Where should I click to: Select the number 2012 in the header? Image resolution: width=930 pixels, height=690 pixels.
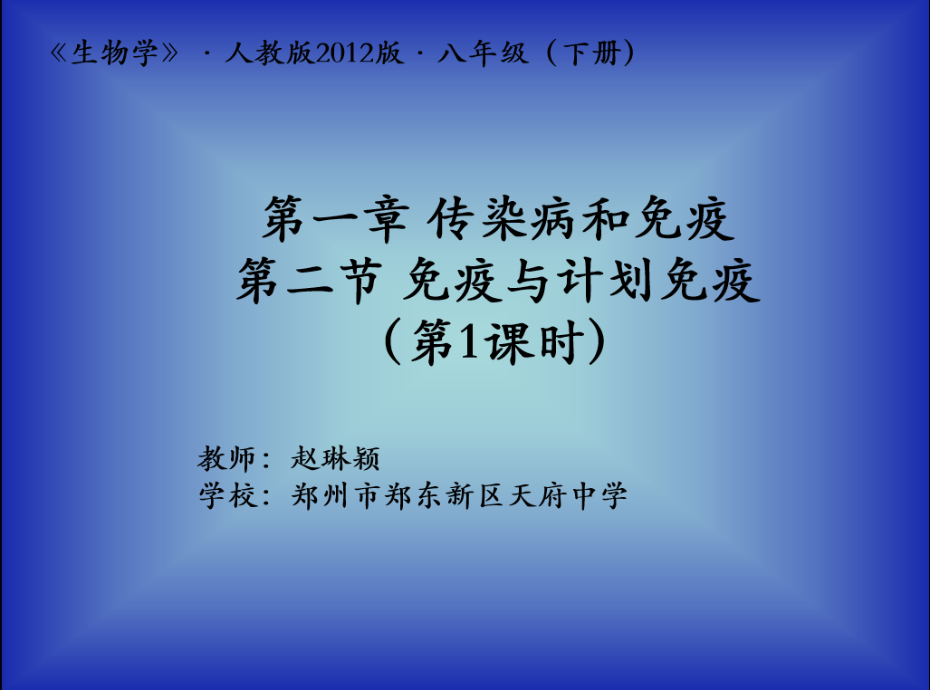click(344, 53)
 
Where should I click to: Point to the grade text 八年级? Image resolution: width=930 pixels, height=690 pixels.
click(482, 53)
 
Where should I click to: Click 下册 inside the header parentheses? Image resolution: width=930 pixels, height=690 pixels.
click(591, 53)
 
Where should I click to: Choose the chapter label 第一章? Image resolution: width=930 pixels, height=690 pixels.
click(336, 219)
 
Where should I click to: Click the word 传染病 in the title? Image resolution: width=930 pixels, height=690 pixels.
click(502, 219)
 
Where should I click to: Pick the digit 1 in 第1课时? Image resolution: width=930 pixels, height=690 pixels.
click(468, 342)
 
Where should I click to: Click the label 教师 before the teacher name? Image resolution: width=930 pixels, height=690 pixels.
click(226, 458)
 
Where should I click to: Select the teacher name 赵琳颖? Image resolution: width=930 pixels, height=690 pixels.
click(334, 458)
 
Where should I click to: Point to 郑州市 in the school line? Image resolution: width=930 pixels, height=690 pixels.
click(335, 495)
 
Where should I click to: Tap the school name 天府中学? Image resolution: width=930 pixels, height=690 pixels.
click(568, 495)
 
